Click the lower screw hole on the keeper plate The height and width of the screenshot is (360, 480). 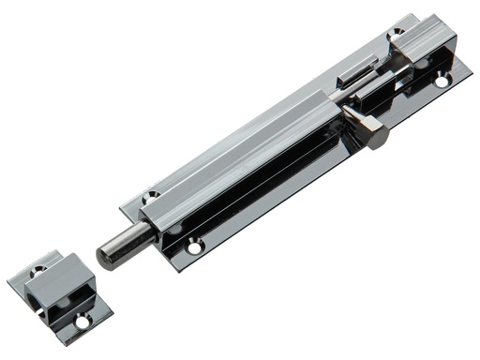pyautogui.click(x=82, y=322)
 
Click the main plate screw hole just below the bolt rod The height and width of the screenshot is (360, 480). pyautogui.click(x=194, y=247)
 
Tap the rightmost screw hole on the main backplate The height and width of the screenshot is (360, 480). pyautogui.click(x=441, y=82)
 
